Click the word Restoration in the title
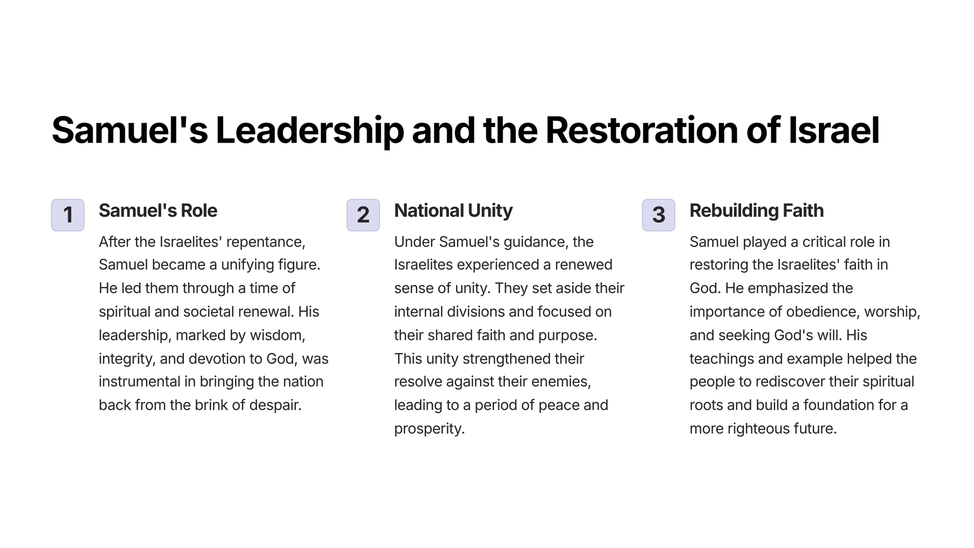[x=642, y=130]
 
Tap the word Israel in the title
[x=834, y=130]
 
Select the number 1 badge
[x=68, y=215]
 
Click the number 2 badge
[x=363, y=215]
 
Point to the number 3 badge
[x=658, y=215]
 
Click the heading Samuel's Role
[x=158, y=211]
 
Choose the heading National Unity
[x=453, y=211]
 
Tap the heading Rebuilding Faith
[x=757, y=211]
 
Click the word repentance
[x=266, y=242]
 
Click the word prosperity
[x=429, y=429]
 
